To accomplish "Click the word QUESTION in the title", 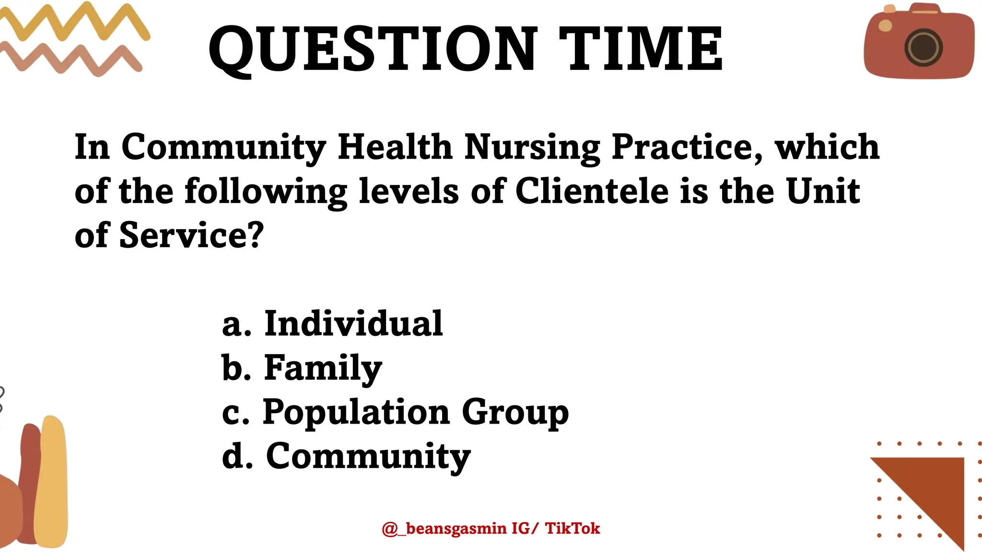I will [373, 49].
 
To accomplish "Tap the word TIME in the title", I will [641, 49].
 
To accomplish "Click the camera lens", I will [924, 48].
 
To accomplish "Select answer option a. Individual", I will [332, 324].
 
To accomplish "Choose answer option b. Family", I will [302, 368].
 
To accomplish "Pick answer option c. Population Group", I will [395, 412].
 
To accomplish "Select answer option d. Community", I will [346, 456].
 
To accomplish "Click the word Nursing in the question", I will [532, 148].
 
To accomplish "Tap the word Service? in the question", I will [191, 236].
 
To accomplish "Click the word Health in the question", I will [395, 147].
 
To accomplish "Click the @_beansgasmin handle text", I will [444, 529].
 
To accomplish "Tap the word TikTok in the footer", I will [573, 529].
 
